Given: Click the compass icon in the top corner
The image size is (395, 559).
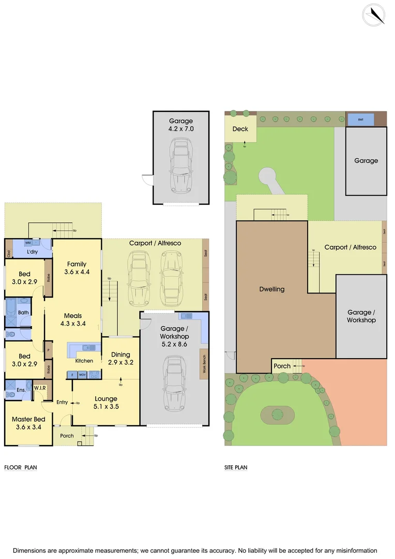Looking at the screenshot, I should coord(374,14).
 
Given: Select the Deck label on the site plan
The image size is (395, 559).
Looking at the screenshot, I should coord(240,129).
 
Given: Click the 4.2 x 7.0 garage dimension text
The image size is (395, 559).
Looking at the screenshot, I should coord(181,129).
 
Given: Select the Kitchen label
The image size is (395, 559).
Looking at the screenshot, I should coord(84,360).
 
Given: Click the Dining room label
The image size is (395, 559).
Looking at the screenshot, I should coord(121,355).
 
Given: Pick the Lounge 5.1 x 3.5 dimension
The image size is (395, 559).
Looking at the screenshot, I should coord(106,406).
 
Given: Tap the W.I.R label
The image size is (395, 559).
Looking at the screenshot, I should coord(40,387).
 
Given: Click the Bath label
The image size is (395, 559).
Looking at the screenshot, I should coord(23,313).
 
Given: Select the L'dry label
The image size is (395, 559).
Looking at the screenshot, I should coord(34,252).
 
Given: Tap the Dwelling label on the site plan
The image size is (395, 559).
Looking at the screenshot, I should coord(272,289).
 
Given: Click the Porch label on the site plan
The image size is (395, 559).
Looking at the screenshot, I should coord(282,366).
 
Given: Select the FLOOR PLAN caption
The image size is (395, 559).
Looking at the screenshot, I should coord(21,467).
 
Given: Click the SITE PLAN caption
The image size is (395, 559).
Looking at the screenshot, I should coord(236,467).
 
